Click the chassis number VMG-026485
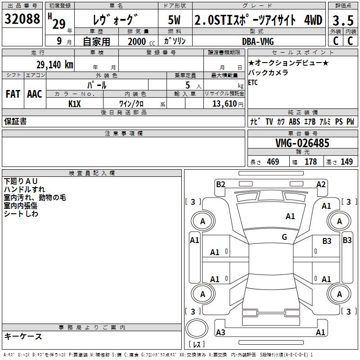pyautogui.click(x=302, y=143)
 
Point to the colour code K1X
pyautogui.click(x=75, y=103)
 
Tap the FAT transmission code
pyautogui.click(x=13, y=94)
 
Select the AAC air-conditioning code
pyautogui.click(x=34, y=94)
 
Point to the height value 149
pyautogui.click(x=346, y=162)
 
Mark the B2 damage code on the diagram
pyautogui.click(x=220, y=184)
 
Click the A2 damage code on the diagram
pyautogui.click(x=321, y=184)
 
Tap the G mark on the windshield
pyautogui.click(x=284, y=237)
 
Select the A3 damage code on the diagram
pyautogui.click(x=220, y=332)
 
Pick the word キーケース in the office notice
pyautogui.click(x=23, y=336)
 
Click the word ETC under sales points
pyautogui.click(x=253, y=82)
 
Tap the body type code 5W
pyautogui.click(x=174, y=20)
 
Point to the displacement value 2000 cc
pyautogui.click(x=139, y=41)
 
